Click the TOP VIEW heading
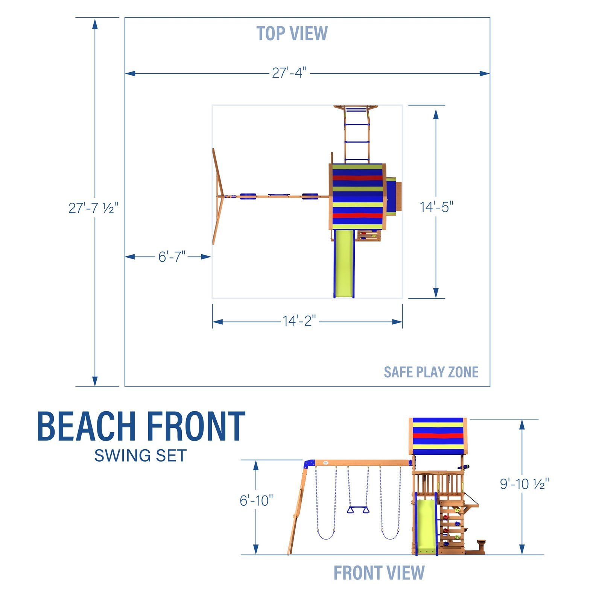tap(292, 33)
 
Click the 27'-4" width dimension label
tap(289, 73)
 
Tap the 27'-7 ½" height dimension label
tap(93, 208)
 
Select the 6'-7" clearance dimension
tap(172, 257)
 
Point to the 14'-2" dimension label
tap(299, 321)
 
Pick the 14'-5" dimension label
tap(436, 207)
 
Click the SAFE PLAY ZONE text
tap(431, 372)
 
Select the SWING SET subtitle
tap(140, 456)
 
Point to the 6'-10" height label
tap(256, 500)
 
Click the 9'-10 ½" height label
tap(524, 484)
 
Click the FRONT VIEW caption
tap(379, 573)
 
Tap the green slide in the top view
tap(344, 263)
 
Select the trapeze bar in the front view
tap(358, 510)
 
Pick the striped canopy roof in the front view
tap(438, 436)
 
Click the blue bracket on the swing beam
tap(309, 463)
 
